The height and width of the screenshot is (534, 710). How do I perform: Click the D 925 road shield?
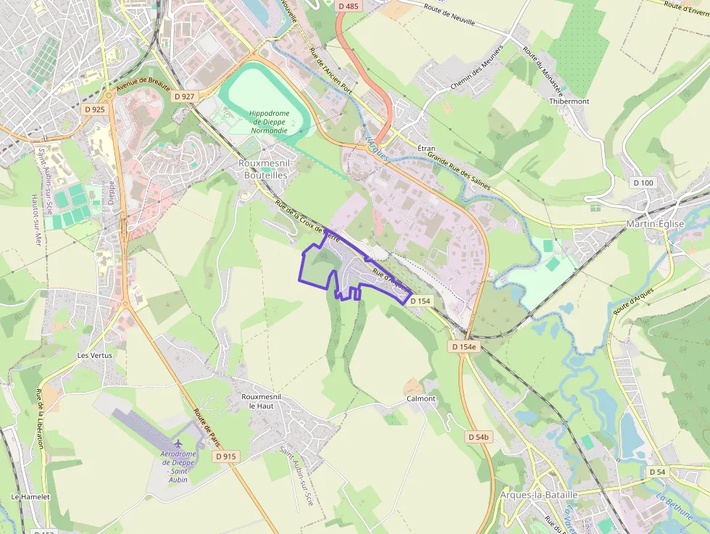click(x=94, y=109)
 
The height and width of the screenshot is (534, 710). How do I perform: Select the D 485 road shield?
click(x=348, y=7)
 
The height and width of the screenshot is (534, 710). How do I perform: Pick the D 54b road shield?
click(x=480, y=437)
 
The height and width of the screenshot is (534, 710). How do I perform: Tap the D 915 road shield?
click(x=226, y=456)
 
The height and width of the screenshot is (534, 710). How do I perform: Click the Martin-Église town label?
click(x=655, y=224)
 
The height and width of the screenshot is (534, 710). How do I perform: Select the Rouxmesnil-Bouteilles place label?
click(x=263, y=169)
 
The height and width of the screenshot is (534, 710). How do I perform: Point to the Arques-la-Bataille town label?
click(x=539, y=494)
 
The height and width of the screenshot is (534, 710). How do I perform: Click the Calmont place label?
click(x=421, y=399)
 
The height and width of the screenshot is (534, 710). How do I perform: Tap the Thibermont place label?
click(x=569, y=101)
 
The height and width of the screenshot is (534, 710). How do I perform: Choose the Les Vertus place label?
click(x=95, y=356)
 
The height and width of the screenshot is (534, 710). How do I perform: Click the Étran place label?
click(x=427, y=148)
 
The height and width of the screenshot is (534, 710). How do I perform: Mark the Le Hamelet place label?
click(x=30, y=497)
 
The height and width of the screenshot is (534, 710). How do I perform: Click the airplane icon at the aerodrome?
click(x=178, y=443)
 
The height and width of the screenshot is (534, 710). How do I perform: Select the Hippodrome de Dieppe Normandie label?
click(x=269, y=122)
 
